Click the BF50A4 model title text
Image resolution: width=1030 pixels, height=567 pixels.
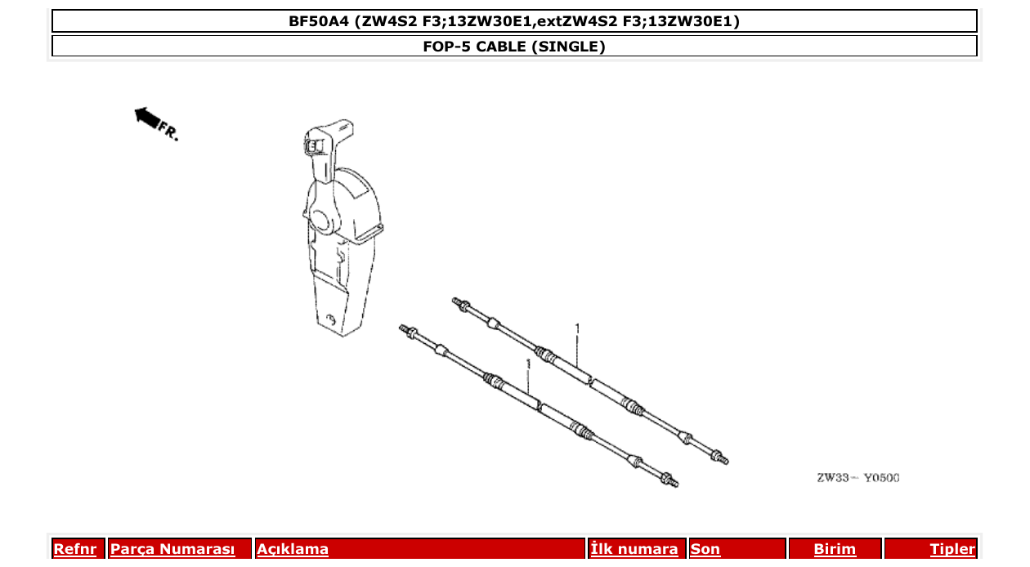pos(514,21)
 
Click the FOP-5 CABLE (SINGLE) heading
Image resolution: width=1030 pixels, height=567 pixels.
pos(514,47)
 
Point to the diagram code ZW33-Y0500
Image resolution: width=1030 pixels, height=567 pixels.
pos(857,478)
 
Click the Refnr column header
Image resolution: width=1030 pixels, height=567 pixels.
pos(74,550)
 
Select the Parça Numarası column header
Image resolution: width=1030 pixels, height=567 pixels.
pos(172,550)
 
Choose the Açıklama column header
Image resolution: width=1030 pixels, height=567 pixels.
pos(293,550)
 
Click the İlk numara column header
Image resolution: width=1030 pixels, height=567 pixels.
pos(634,550)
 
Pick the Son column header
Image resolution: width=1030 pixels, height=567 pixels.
pos(705,550)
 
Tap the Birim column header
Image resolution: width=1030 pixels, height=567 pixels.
pos(835,550)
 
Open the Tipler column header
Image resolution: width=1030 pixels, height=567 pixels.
pos(952,550)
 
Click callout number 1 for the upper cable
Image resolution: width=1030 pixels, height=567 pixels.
pos(577,328)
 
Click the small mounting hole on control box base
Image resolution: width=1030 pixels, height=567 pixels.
pos(329,318)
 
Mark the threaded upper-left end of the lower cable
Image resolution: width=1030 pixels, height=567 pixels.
pos(406,330)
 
